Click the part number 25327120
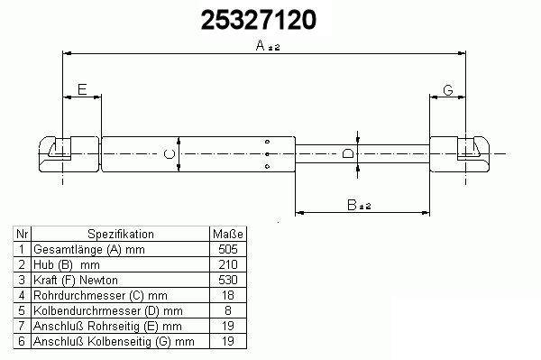tap(258, 19)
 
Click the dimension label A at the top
tap(261, 45)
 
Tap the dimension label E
tap(82, 89)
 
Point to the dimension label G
tap(448, 90)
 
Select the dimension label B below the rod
tap(352, 205)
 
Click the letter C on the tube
tap(170, 154)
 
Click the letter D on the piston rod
tap(348, 153)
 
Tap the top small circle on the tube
tap(267, 142)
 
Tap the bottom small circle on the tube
tap(267, 167)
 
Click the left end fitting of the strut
tap(69, 154)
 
